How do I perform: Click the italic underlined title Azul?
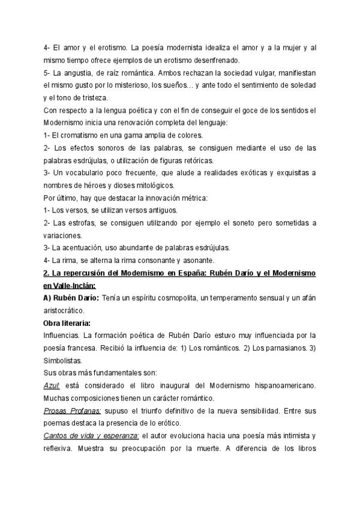pos(52,385)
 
